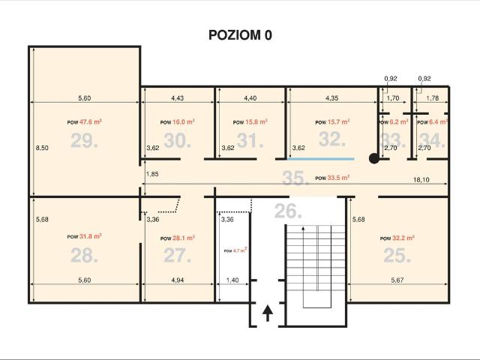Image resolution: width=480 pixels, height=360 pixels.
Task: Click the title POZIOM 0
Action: click(x=240, y=35)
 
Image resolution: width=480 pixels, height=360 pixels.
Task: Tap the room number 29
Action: click(x=84, y=141)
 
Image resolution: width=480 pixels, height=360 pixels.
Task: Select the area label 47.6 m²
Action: click(x=91, y=121)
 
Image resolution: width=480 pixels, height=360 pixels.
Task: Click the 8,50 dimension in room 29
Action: click(x=42, y=148)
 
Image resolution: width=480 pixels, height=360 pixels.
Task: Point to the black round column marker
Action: click(x=374, y=158)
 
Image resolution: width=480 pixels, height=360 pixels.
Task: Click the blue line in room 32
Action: click(x=321, y=159)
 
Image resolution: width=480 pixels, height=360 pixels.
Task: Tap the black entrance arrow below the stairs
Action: click(x=268, y=313)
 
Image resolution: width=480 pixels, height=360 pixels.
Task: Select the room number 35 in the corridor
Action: click(x=295, y=178)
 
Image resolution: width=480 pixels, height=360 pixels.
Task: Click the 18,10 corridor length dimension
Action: click(x=421, y=180)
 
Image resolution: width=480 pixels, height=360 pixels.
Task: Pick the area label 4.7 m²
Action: click(x=240, y=250)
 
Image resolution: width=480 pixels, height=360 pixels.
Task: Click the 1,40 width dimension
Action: click(x=232, y=280)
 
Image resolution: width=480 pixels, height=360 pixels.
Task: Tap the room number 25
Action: click(x=397, y=255)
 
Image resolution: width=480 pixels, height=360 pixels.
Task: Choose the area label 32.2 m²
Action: click(x=403, y=238)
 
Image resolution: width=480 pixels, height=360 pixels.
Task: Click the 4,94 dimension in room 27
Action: click(x=178, y=280)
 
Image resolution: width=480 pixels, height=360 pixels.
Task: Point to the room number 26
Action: click(x=288, y=211)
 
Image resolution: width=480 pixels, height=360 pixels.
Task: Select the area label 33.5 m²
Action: click(x=338, y=178)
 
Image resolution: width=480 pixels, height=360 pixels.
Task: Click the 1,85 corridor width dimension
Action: click(x=152, y=174)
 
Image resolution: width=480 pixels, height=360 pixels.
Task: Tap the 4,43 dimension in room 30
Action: click(x=178, y=98)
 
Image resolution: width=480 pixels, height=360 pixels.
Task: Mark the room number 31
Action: click(x=250, y=141)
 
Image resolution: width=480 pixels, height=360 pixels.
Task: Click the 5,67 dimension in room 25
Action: click(x=397, y=280)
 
